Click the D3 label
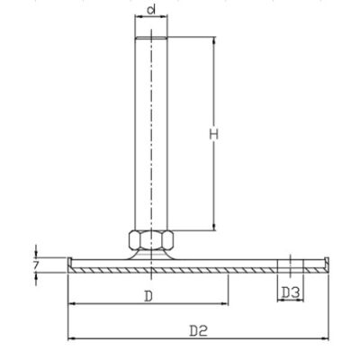point(290,293)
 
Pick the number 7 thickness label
point(35,266)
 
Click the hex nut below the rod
point(149,239)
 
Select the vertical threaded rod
point(149,135)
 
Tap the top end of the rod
point(149,39)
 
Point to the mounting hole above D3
point(290,265)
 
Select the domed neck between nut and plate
point(149,256)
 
